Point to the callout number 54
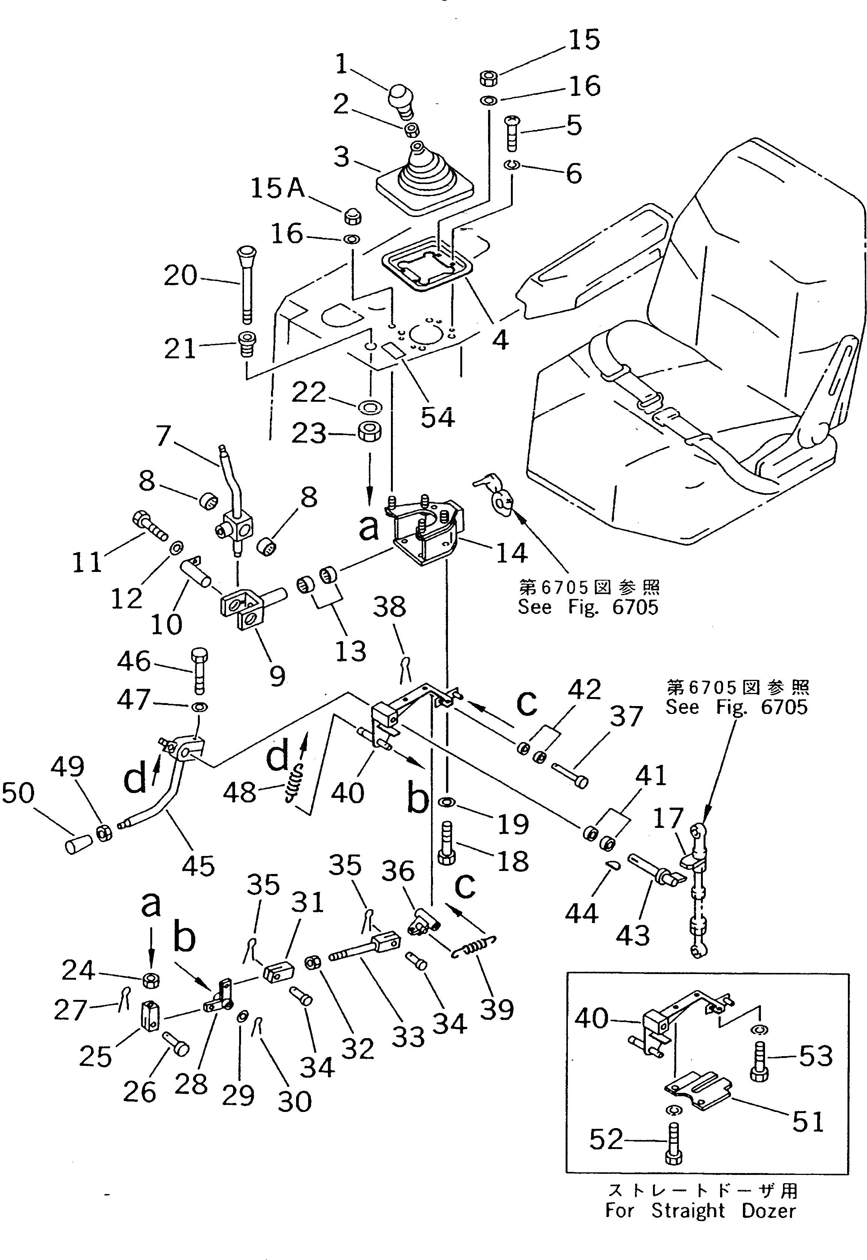(437, 417)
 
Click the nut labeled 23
(369, 432)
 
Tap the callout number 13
(350, 650)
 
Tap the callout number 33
(408, 1036)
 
